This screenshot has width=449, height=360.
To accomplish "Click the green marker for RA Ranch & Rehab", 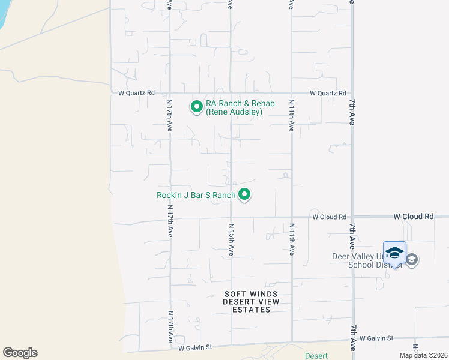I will point(196,107).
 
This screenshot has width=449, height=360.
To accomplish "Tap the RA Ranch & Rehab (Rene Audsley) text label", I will point(240,107).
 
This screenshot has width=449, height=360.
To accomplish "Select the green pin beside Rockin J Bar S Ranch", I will point(244,194).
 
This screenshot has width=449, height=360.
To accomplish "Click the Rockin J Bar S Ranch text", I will point(196,195).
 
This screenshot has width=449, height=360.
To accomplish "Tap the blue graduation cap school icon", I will point(394,253).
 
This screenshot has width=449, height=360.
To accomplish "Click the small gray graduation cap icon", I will point(412,260).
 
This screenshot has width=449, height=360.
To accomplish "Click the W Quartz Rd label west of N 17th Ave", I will point(137,93).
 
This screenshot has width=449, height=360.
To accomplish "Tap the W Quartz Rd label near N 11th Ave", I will point(328,93).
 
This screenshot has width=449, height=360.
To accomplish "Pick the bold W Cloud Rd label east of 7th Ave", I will point(413,216).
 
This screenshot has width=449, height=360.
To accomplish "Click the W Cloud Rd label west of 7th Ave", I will point(329,217).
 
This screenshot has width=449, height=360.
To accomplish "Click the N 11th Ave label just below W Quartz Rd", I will point(291,115).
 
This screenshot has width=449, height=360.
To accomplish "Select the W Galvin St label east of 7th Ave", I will point(376,339).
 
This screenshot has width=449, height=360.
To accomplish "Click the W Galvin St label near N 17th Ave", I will point(196,347).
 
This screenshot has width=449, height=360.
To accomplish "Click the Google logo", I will point(20,353).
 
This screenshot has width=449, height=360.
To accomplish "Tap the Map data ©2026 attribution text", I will point(423,355).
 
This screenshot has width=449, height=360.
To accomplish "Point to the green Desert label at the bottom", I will point(316,356).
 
